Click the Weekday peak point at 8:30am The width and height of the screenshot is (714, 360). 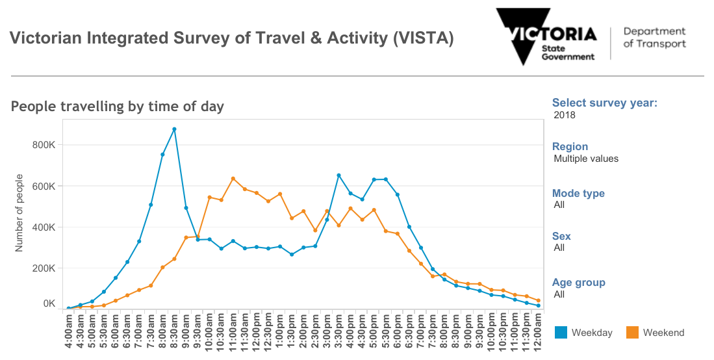click(174, 129)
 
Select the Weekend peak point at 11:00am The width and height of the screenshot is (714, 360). click(233, 178)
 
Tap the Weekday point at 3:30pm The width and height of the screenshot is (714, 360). click(338, 175)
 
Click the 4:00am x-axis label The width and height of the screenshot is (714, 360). click(69, 331)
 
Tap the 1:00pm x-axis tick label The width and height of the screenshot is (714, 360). click(280, 331)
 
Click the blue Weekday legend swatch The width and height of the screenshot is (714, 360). click(561, 333)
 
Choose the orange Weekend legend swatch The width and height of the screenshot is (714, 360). click(632, 333)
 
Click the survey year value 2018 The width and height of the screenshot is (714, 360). click(565, 116)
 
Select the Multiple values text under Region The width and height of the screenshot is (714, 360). click(586, 159)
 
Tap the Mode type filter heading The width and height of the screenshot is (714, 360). click(578, 193)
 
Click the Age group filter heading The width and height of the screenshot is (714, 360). click(579, 283)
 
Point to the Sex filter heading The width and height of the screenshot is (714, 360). click(561, 236)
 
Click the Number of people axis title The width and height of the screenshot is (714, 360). click(19, 212)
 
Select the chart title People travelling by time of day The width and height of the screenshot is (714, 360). click(118, 107)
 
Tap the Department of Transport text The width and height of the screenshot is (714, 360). click(654, 38)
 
